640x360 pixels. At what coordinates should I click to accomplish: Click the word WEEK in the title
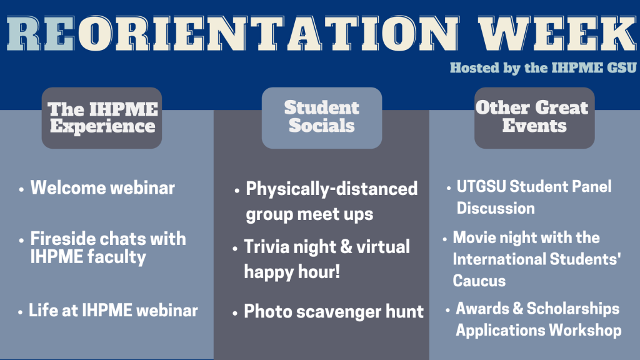click(557, 34)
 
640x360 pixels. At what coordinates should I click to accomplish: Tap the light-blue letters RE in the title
click(41, 34)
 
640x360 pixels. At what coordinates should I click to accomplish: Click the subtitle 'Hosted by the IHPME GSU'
click(543, 67)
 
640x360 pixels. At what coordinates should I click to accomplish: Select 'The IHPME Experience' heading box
click(102, 118)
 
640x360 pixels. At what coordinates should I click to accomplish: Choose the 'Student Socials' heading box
click(322, 118)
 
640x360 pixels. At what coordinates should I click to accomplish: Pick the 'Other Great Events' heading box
click(534, 118)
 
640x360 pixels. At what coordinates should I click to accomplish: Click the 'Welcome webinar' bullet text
click(102, 187)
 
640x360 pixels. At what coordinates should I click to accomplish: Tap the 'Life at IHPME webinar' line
click(113, 310)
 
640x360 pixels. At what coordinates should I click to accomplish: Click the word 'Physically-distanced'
click(331, 189)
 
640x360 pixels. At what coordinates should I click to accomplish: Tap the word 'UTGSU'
click(481, 186)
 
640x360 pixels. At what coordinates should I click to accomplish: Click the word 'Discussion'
click(496, 208)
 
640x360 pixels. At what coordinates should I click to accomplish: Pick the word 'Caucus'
click(479, 281)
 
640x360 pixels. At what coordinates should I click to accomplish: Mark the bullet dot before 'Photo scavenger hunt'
click(235, 314)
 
